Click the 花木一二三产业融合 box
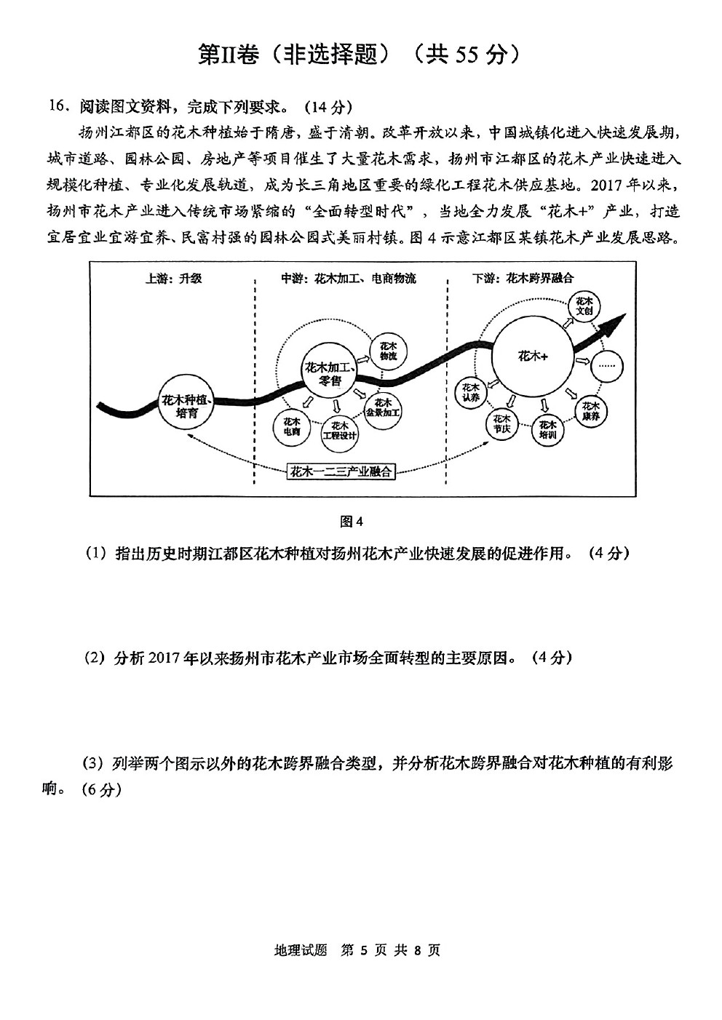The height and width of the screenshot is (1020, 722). click(x=341, y=471)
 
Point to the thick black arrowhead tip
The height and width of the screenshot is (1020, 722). click(x=627, y=314)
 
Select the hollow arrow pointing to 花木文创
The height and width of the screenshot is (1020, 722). click(x=567, y=322)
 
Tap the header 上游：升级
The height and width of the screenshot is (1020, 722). click(x=173, y=278)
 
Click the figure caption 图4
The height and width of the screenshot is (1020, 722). click(x=352, y=522)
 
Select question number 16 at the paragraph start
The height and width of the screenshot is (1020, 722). click(x=58, y=106)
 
